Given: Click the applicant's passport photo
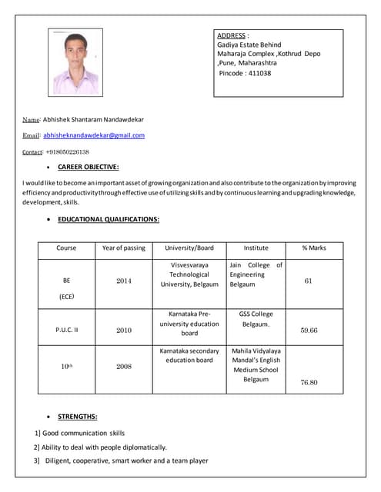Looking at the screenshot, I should [x=76, y=61].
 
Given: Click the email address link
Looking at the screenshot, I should [x=94, y=135].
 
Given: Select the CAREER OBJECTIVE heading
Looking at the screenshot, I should [x=88, y=167].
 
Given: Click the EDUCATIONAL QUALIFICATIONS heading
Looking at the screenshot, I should [x=109, y=219].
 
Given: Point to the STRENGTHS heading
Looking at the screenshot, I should [x=77, y=417].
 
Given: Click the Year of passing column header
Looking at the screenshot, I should [x=123, y=248].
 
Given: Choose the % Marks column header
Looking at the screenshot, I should [x=314, y=248].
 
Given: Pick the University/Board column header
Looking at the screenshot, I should [x=189, y=248].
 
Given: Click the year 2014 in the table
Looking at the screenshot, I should [x=123, y=281].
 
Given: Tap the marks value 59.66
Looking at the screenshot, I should [x=309, y=330].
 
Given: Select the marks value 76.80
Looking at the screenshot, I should [x=309, y=382].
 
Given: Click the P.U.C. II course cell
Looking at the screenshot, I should [x=66, y=330].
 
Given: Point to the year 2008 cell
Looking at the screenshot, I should [x=123, y=367].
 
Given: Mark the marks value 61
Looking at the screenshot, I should [x=309, y=281].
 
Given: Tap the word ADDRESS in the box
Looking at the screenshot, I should [x=231, y=35].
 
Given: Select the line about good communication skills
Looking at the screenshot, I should [x=79, y=433].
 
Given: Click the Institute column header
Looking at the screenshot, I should [x=256, y=248].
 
